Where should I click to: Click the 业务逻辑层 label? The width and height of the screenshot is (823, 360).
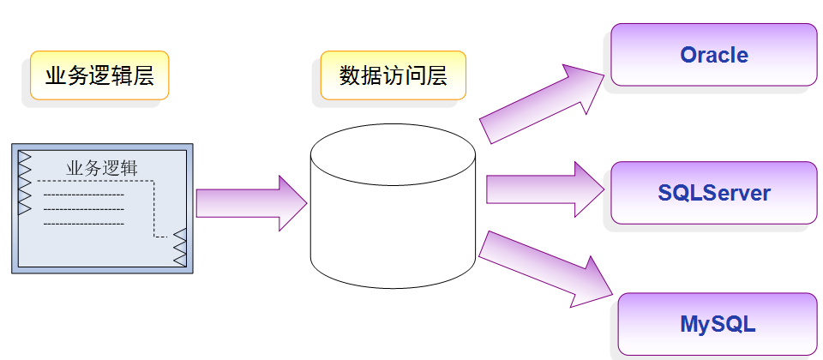click(x=99, y=76)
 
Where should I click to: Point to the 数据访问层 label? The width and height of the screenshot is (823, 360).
click(x=393, y=75)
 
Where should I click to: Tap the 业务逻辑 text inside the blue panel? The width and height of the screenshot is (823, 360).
click(x=101, y=168)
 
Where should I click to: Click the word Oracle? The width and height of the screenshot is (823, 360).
click(x=714, y=55)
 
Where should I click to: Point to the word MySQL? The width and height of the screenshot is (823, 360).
click(x=718, y=325)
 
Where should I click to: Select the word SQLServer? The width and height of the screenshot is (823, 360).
click(x=714, y=193)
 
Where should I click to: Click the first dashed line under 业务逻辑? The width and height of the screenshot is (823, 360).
click(x=83, y=195)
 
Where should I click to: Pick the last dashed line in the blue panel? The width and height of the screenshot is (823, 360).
click(x=83, y=223)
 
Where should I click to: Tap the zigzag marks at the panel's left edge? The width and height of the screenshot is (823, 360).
click(x=24, y=183)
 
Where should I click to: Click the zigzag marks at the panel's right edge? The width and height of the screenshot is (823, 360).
click(x=180, y=248)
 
